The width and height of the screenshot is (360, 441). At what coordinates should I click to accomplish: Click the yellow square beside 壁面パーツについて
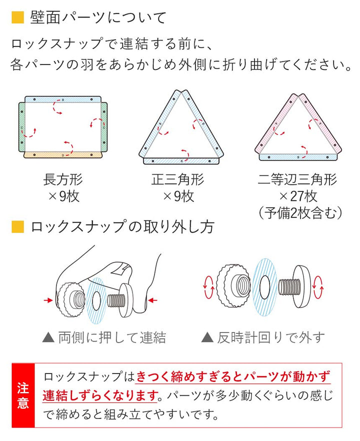17,18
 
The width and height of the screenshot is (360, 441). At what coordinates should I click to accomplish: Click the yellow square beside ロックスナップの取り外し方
17,227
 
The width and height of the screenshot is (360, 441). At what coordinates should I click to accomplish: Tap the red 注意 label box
23,395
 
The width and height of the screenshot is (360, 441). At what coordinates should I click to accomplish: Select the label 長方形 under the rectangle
63,179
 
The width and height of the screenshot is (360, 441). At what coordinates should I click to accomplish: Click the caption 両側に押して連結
104,337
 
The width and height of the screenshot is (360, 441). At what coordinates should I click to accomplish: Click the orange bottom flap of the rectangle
63,155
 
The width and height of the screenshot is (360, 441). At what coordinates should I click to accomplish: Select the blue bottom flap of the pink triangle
297,156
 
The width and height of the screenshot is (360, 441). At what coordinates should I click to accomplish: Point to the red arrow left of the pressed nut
48,299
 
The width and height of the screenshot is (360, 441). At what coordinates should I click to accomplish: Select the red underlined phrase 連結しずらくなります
100,395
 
